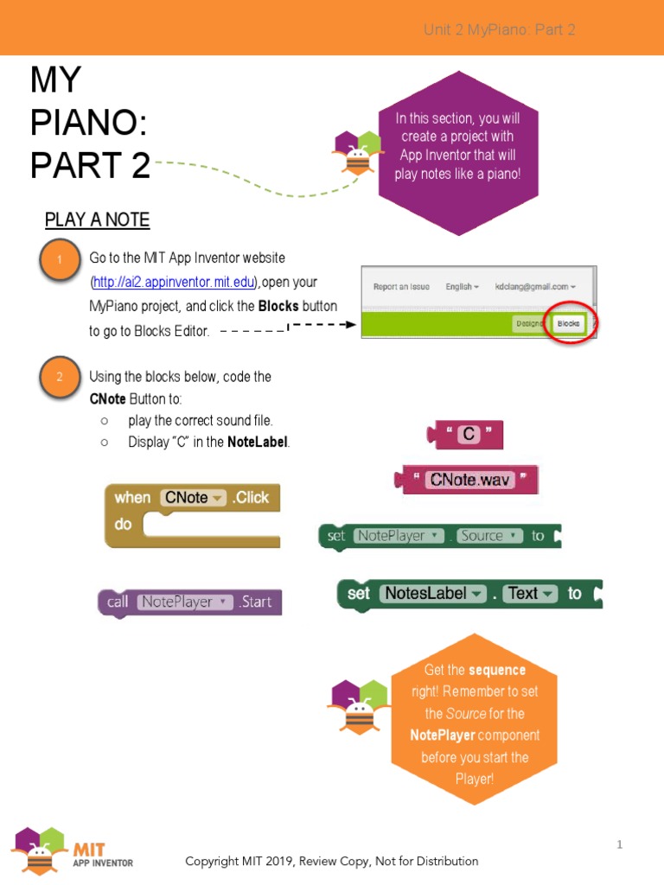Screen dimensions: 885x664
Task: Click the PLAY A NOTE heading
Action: pos(97,220)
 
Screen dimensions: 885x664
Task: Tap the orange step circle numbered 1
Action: pos(60,260)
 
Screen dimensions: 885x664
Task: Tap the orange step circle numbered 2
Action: pos(60,376)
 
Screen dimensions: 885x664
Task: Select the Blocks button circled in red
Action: pos(568,323)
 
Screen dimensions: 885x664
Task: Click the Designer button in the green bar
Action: pos(528,324)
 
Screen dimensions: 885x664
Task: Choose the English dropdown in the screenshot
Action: pos(462,286)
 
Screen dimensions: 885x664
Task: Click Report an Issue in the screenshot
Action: pos(401,286)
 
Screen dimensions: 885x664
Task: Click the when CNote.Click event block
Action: pos(192,515)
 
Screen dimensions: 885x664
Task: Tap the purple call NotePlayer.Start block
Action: pos(190,602)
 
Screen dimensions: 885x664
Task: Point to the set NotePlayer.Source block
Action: pos(439,536)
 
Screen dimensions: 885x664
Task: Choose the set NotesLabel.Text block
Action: pos(469,594)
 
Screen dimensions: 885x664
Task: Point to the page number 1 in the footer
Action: pos(620,844)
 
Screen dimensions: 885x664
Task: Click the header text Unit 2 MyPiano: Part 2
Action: pos(499,30)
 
